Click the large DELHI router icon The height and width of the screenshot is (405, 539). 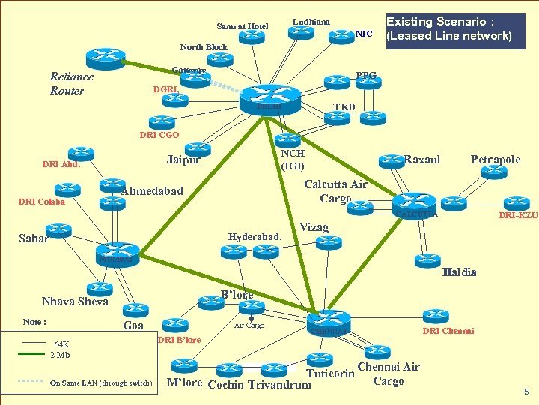coord(269,95)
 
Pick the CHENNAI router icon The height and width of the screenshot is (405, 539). coord(327,320)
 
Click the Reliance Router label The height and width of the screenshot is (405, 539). coord(71,83)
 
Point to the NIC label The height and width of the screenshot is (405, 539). coord(364,34)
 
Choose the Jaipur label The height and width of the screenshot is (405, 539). coord(183,159)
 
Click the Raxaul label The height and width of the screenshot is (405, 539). coord(422,159)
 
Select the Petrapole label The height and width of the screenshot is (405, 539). coord(495,159)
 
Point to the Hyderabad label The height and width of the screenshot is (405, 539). coord(255,237)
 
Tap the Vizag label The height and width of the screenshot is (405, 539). coord(314,226)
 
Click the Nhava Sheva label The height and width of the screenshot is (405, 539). coord(75,301)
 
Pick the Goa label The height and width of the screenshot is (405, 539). coord(133,325)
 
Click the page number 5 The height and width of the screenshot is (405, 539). coord(526,391)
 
